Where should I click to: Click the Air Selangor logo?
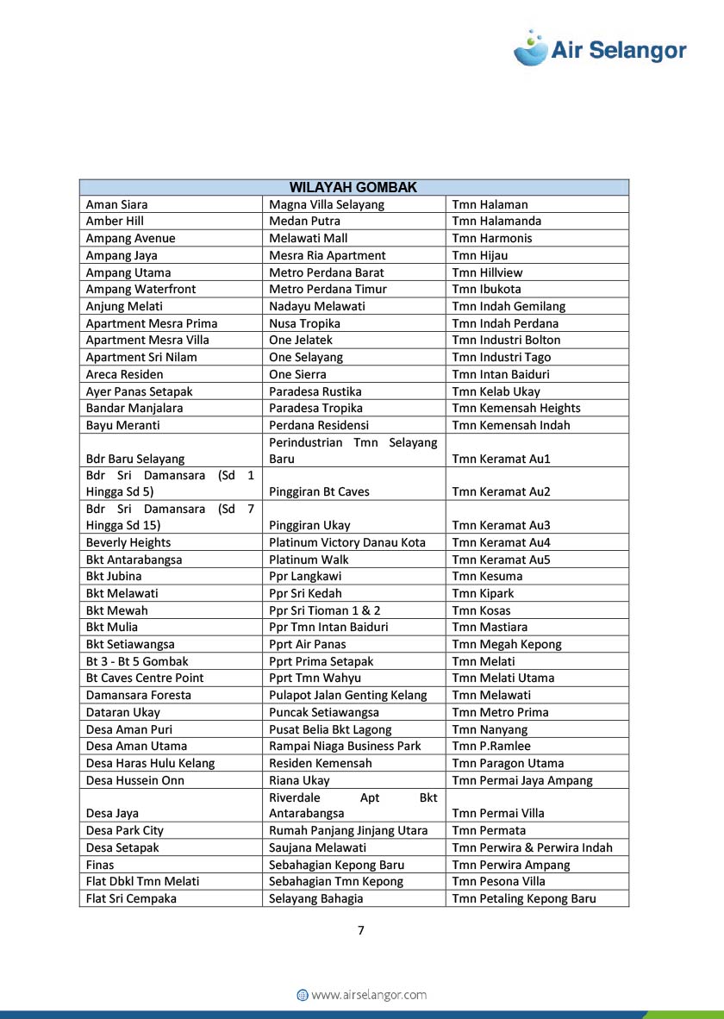tap(600, 49)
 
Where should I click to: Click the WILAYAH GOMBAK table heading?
tap(353, 187)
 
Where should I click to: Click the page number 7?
tap(361, 930)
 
